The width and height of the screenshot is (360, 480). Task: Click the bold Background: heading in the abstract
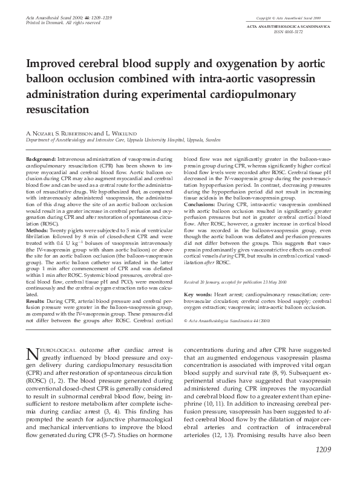[x=41, y=158]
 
